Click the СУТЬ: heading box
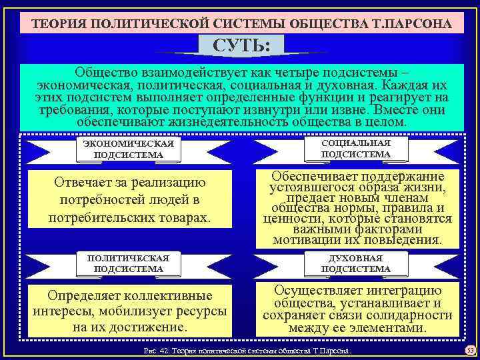(x=239, y=47)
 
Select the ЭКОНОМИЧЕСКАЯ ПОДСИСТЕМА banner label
(x=127, y=150)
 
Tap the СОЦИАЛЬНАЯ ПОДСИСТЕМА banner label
(x=356, y=149)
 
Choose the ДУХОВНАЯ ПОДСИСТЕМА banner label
(x=356, y=263)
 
